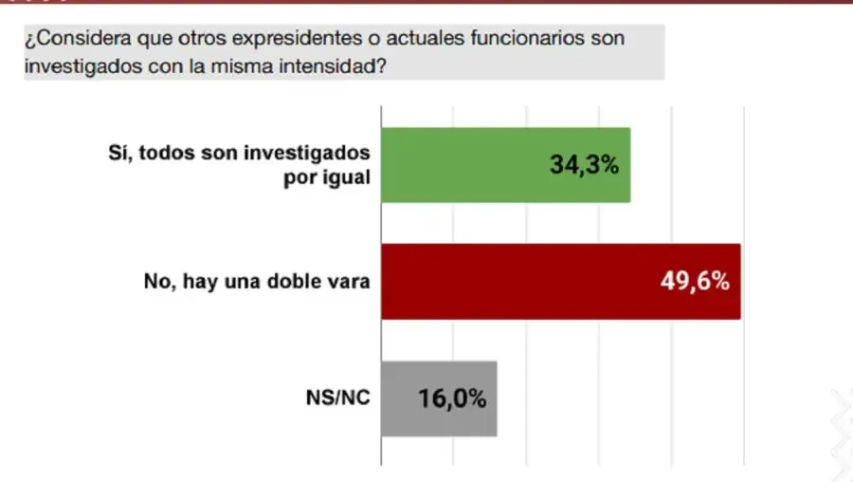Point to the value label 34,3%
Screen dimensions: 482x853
pyautogui.click(x=584, y=165)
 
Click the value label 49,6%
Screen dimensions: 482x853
pyautogui.click(x=695, y=281)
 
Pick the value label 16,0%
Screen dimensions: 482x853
pyautogui.click(x=452, y=399)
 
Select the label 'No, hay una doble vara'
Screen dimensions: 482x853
pyautogui.click(x=256, y=282)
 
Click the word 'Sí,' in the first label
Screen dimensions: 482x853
pyautogui.click(x=121, y=153)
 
